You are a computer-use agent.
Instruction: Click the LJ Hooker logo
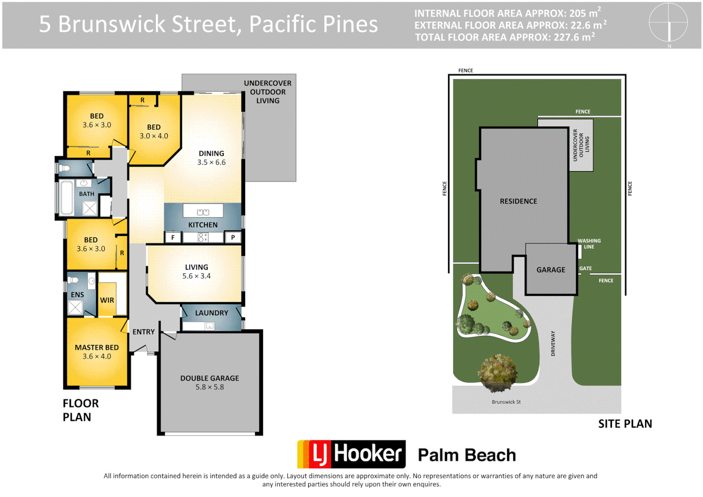pyautogui.click(x=352, y=454)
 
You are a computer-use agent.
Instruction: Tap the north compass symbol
pyautogui.click(x=668, y=23)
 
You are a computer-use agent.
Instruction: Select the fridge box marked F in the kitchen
pyautogui.click(x=173, y=237)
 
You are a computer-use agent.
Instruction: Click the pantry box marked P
pyautogui.click(x=233, y=237)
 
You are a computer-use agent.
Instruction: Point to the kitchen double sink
pyautogui.click(x=203, y=212)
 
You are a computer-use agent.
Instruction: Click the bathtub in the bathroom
pyautogui.click(x=67, y=198)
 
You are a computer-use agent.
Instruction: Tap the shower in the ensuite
pyautogui.click(x=75, y=307)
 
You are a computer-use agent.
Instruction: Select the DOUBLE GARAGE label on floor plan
pyautogui.click(x=210, y=378)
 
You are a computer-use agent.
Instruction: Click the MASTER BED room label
pyautogui.click(x=97, y=347)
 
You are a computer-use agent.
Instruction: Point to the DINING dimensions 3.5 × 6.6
pyautogui.click(x=211, y=162)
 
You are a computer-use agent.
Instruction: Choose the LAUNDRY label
pyautogui.click(x=211, y=313)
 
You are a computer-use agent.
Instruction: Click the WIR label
pyautogui.click(x=107, y=300)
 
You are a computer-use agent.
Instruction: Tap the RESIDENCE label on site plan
pyautogui.click(x=518, y=201)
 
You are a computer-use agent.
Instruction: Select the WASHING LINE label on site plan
pyautogui.click(x=589, y=244)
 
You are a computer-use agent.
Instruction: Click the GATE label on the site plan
pyautogui.click(x=585, y=268)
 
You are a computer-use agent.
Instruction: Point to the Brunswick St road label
pyautogui.click(x=506, y=402)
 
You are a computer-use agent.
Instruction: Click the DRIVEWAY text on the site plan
pyautogui.click(x=553, y=343)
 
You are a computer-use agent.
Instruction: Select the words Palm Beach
pyautogui.click(x=467, y=455)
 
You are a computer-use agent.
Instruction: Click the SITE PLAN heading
pyautogui.click(x=625, y=424)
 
